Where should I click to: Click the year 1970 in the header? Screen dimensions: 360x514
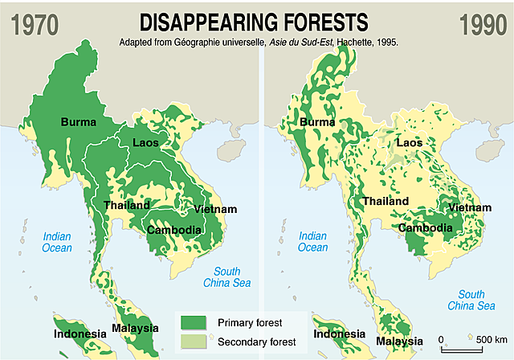30,22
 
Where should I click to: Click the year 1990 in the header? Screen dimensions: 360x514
483,22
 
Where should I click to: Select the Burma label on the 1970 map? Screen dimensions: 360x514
78,122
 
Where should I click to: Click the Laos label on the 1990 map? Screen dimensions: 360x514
409,143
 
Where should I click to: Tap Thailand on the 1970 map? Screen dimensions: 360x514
128,206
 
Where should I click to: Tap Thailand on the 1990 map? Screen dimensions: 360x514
388,202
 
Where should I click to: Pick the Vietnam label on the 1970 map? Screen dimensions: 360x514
215,210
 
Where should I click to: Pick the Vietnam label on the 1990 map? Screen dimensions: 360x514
470,207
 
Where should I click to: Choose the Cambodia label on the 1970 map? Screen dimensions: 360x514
173,230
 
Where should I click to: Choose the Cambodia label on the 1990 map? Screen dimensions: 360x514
430,227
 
